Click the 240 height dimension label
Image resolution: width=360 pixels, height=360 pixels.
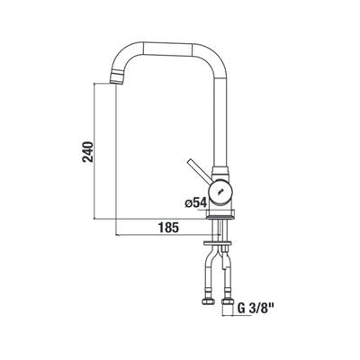(88, 152)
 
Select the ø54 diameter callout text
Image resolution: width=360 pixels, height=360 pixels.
(196, 203)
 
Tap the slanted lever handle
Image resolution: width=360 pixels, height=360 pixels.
(199, 171)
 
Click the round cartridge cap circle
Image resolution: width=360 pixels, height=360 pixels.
(220, 191)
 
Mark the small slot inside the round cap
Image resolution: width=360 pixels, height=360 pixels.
(221, 190)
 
